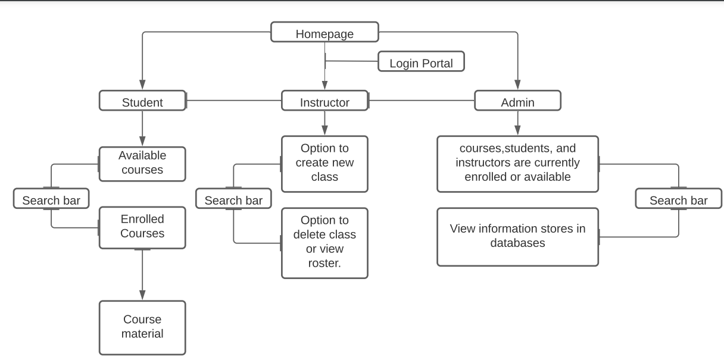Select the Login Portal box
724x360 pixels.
click(x=421, y=62)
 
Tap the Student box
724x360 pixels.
click(x=142, y=101)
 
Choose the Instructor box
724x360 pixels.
click(x=324, y=101)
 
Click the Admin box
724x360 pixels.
click(x=517, y=101)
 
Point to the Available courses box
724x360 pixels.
click(x=142, y=164)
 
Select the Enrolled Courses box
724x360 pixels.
click(x=142, y=227)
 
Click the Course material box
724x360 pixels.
click(x=142, y=327)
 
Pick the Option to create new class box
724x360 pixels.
click(x=324, y=163)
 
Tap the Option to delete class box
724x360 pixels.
click(x=324, y=242)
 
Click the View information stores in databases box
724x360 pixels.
click(x=517, y=236)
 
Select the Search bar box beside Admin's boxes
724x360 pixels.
click(x=678, y=200)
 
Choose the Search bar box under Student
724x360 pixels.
click(x=51, y=200)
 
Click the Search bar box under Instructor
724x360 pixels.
click(x=233, y=200)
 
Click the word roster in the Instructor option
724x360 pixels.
click(x=324, y=263)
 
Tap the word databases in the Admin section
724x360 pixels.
click(x=517, y=243)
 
